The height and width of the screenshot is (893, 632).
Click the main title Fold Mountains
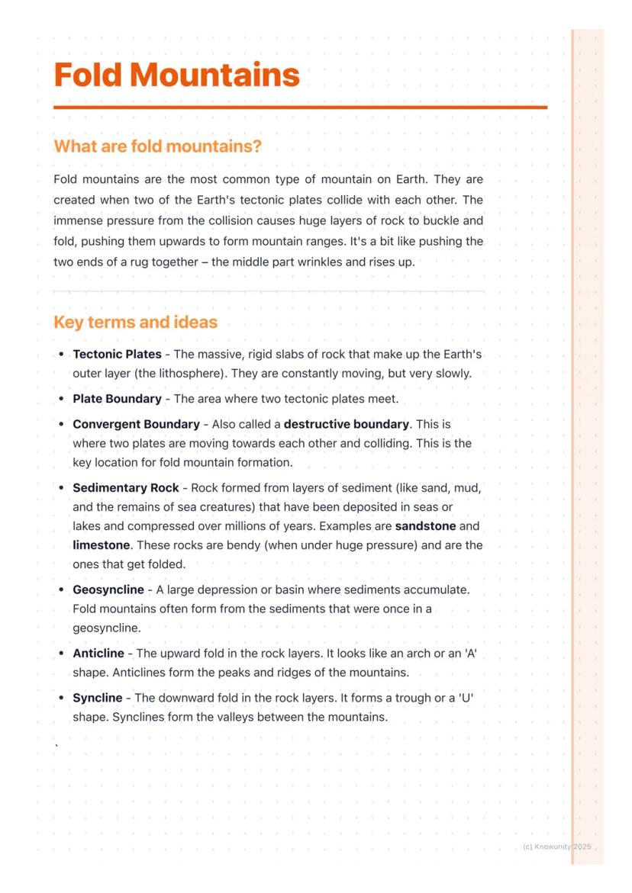point(176,75)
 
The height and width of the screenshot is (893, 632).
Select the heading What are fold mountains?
point(157,146)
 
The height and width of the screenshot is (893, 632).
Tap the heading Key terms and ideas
point(135,322)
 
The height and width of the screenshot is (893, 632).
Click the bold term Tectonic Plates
point(117,354)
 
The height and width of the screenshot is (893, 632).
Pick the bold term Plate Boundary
point(117,399)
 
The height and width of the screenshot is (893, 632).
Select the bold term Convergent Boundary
point(136,424)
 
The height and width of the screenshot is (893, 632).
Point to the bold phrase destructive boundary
point(347,424)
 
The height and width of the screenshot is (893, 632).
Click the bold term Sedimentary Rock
point(126,487)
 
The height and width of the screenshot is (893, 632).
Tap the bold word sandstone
point(425,526)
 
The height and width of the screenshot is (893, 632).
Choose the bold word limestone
point(101,545)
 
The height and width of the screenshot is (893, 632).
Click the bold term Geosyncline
point(108,589)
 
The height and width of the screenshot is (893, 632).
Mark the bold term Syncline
point(98,698)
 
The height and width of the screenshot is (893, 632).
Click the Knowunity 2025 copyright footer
point(557,847)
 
